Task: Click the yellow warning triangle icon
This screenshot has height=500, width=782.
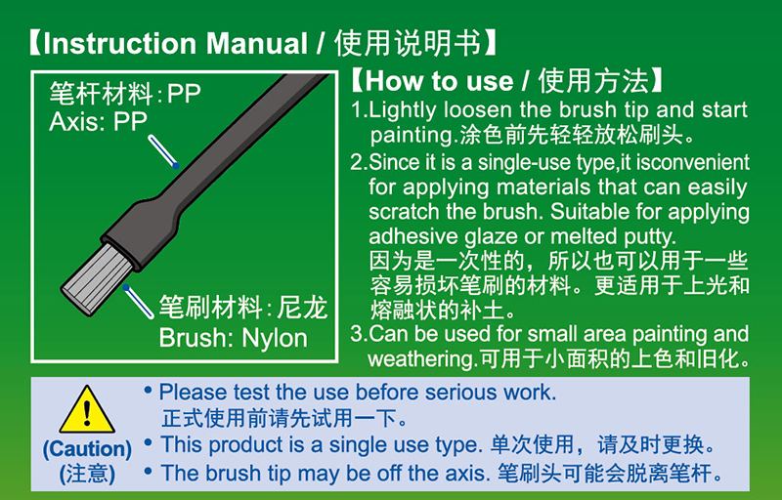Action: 87,410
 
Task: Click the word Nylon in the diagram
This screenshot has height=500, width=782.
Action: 275,339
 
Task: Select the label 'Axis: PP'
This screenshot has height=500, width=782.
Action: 99,121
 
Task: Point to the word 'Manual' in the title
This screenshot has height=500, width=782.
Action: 256,43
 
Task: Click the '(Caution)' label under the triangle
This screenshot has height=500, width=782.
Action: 87,448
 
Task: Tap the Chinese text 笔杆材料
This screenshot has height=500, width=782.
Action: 102,93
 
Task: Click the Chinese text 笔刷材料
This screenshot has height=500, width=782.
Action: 210,307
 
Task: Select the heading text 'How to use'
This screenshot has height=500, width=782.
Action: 439,81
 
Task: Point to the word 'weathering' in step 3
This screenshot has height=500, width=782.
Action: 420,358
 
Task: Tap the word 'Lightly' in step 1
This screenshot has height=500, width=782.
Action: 402,110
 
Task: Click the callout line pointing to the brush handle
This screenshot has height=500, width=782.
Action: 163,152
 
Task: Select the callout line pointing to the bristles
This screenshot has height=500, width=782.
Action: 138,302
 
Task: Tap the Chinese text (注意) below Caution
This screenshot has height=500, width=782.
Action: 87,474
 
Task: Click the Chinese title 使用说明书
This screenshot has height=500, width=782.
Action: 408,43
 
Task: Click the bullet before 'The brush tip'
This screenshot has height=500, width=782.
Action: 148,469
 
